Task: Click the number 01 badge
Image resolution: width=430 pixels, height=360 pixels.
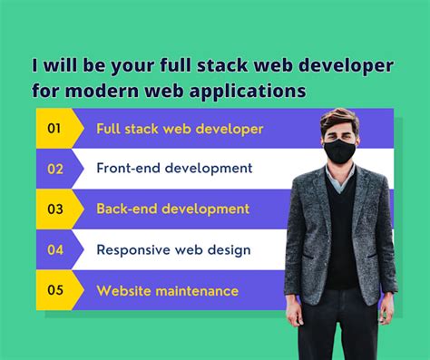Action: pos(54,129)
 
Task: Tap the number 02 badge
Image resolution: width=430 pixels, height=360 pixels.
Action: pos(55,169)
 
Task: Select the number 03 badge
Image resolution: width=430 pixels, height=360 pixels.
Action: pos(55,209)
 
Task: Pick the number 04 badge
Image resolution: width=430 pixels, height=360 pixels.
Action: pos(55,249)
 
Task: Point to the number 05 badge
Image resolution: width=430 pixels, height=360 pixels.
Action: pos(55,290)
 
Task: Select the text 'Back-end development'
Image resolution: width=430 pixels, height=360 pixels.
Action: pos(172,209)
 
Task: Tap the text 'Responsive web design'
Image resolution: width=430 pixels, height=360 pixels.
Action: pos(173,249)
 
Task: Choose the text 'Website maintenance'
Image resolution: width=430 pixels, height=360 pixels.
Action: pos(167,290)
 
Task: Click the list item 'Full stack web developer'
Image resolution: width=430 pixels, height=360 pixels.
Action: pos(180,129)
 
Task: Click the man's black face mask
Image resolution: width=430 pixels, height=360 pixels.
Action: pos(339,151)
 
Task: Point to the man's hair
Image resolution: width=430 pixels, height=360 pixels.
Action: pos(341,119)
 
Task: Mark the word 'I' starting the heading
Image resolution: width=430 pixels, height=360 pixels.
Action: pos(37,67)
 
